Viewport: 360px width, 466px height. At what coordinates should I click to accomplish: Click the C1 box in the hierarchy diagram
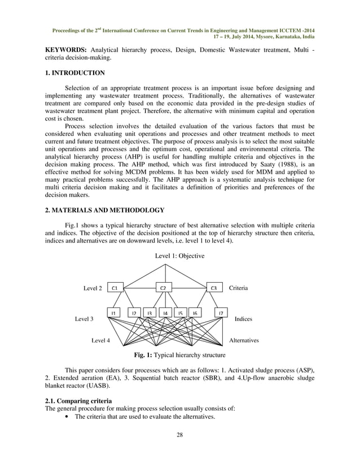click(115, 288)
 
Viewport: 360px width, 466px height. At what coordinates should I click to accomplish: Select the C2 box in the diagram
click(163, 288)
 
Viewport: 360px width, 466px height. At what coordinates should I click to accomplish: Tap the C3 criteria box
click(213, 288)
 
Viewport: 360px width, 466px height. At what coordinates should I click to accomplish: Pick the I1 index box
click(113, 313)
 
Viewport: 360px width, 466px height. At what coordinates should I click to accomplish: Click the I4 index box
click(165, 313)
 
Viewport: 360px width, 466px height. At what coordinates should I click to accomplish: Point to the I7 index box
click(221, 313)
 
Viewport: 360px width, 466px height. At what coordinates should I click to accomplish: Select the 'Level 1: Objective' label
click(179, 256)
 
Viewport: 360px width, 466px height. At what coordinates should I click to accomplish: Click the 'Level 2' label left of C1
click(93, 288)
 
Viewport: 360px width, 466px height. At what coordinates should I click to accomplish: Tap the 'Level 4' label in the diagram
click(101, 341)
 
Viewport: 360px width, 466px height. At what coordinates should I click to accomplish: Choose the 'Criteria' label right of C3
click(238, 288)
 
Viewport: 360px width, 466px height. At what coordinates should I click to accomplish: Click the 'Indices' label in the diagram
click(243, 319)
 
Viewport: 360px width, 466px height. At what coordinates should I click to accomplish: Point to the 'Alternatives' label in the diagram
click(244, 341)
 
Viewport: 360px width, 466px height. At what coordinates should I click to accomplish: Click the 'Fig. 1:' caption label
click(144, 355)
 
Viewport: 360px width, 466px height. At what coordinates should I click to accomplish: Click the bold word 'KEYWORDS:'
click(65, 49)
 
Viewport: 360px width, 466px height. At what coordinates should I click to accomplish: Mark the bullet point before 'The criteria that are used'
click(68, 417)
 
